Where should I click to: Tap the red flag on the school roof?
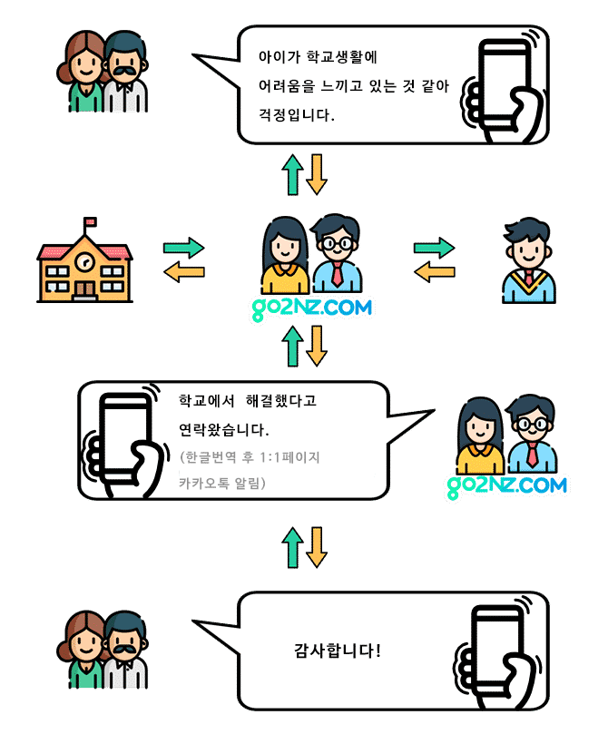(90, 222)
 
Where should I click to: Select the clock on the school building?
(84, 261)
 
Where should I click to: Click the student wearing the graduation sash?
(528, 260)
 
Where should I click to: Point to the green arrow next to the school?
(183, 247)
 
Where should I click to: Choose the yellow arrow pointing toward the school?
(183, 270)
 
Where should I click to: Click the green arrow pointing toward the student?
(434, 248)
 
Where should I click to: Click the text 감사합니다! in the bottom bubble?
(338, 651)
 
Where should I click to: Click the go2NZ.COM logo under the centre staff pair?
(311, 308)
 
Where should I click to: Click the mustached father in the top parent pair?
(124, 73)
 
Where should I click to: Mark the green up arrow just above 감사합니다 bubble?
(292, 547)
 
